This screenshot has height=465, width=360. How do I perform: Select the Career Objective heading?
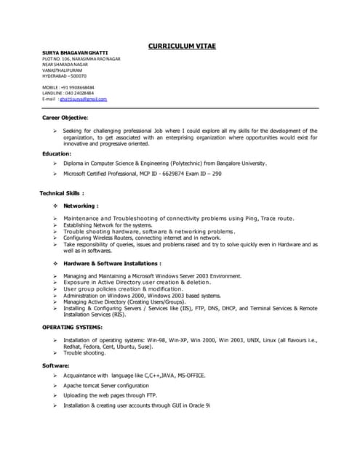point(65,116)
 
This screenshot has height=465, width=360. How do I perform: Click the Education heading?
point(57,153)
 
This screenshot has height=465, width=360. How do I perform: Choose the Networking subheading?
point(81,206)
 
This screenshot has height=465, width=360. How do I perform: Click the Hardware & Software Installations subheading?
point(112,263)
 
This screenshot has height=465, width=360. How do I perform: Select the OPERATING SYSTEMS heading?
point(77,328)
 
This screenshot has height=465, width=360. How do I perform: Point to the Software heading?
point(56,364)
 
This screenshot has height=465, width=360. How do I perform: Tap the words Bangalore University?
point(241,163)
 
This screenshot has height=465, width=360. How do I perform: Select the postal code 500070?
point(76,76)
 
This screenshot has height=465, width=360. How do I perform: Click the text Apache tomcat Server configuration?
point(106,385)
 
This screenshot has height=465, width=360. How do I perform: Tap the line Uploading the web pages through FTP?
point(110,395)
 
